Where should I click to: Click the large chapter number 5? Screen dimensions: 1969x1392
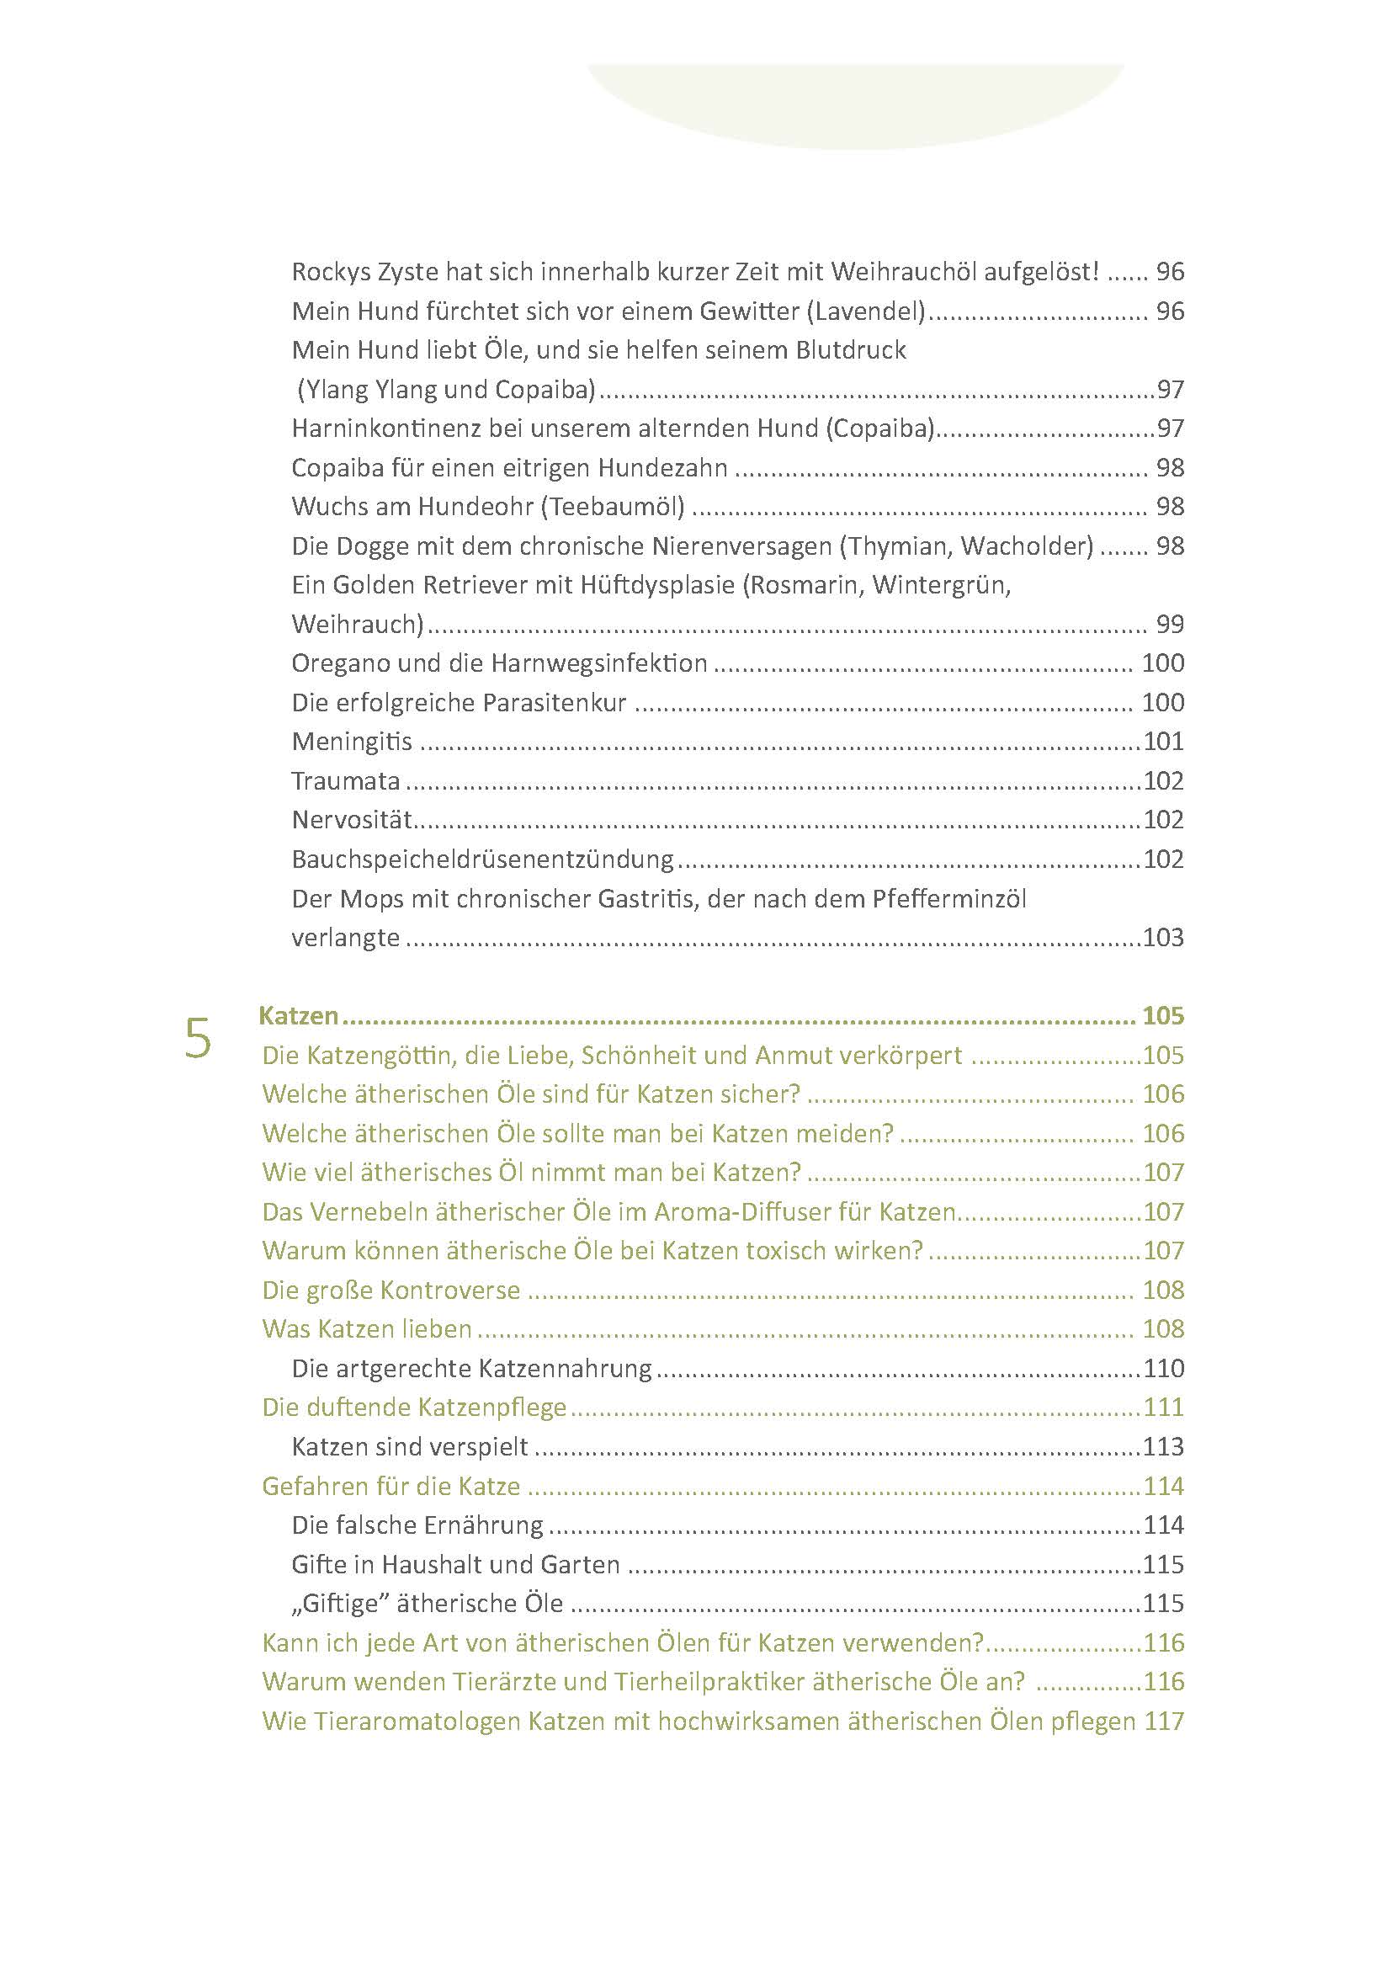pyautogui.click(x=198, y=1039)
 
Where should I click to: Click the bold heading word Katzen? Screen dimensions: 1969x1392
pyautogui.click(x=299, y=1016)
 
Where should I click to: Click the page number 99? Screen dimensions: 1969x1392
pyautogui.click(x=1170, y=625)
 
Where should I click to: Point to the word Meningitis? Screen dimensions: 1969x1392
pyautogui.click(x=352, y=742)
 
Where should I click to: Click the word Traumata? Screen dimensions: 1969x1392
pyautogui.click(x=345, y=781)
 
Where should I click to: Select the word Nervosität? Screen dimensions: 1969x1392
pyautogui.click(x=352, y=820)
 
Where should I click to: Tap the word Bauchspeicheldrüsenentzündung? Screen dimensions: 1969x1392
pyautogui.click(x=482, y=859)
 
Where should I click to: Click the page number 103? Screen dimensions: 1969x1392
pyautogui.click(x=1163, y=937)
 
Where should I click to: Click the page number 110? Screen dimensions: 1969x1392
pyautogui.click(x=1163, y=1369)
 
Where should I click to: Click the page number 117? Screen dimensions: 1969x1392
pyautogui.click(x=1163, y=1722)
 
